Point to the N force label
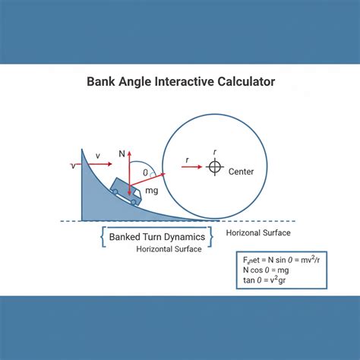pos(122,153)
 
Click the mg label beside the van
pos(152,191)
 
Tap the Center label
pos(241,172)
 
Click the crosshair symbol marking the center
pos(215,167)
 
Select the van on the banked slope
pos(126,191)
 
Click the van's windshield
pos(137,194)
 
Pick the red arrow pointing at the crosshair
pos(191,166)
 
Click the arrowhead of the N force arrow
pos(129,153)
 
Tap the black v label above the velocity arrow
pos(98,156)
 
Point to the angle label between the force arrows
pos(145,172)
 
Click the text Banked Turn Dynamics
pos(157,237)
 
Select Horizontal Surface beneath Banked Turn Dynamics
pos(169,249)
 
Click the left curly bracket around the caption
pos(103,237)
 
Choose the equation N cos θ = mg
pos(266,270)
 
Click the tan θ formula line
pos(264,280)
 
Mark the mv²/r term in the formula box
pos(310,260)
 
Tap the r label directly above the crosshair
pos(215,152)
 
